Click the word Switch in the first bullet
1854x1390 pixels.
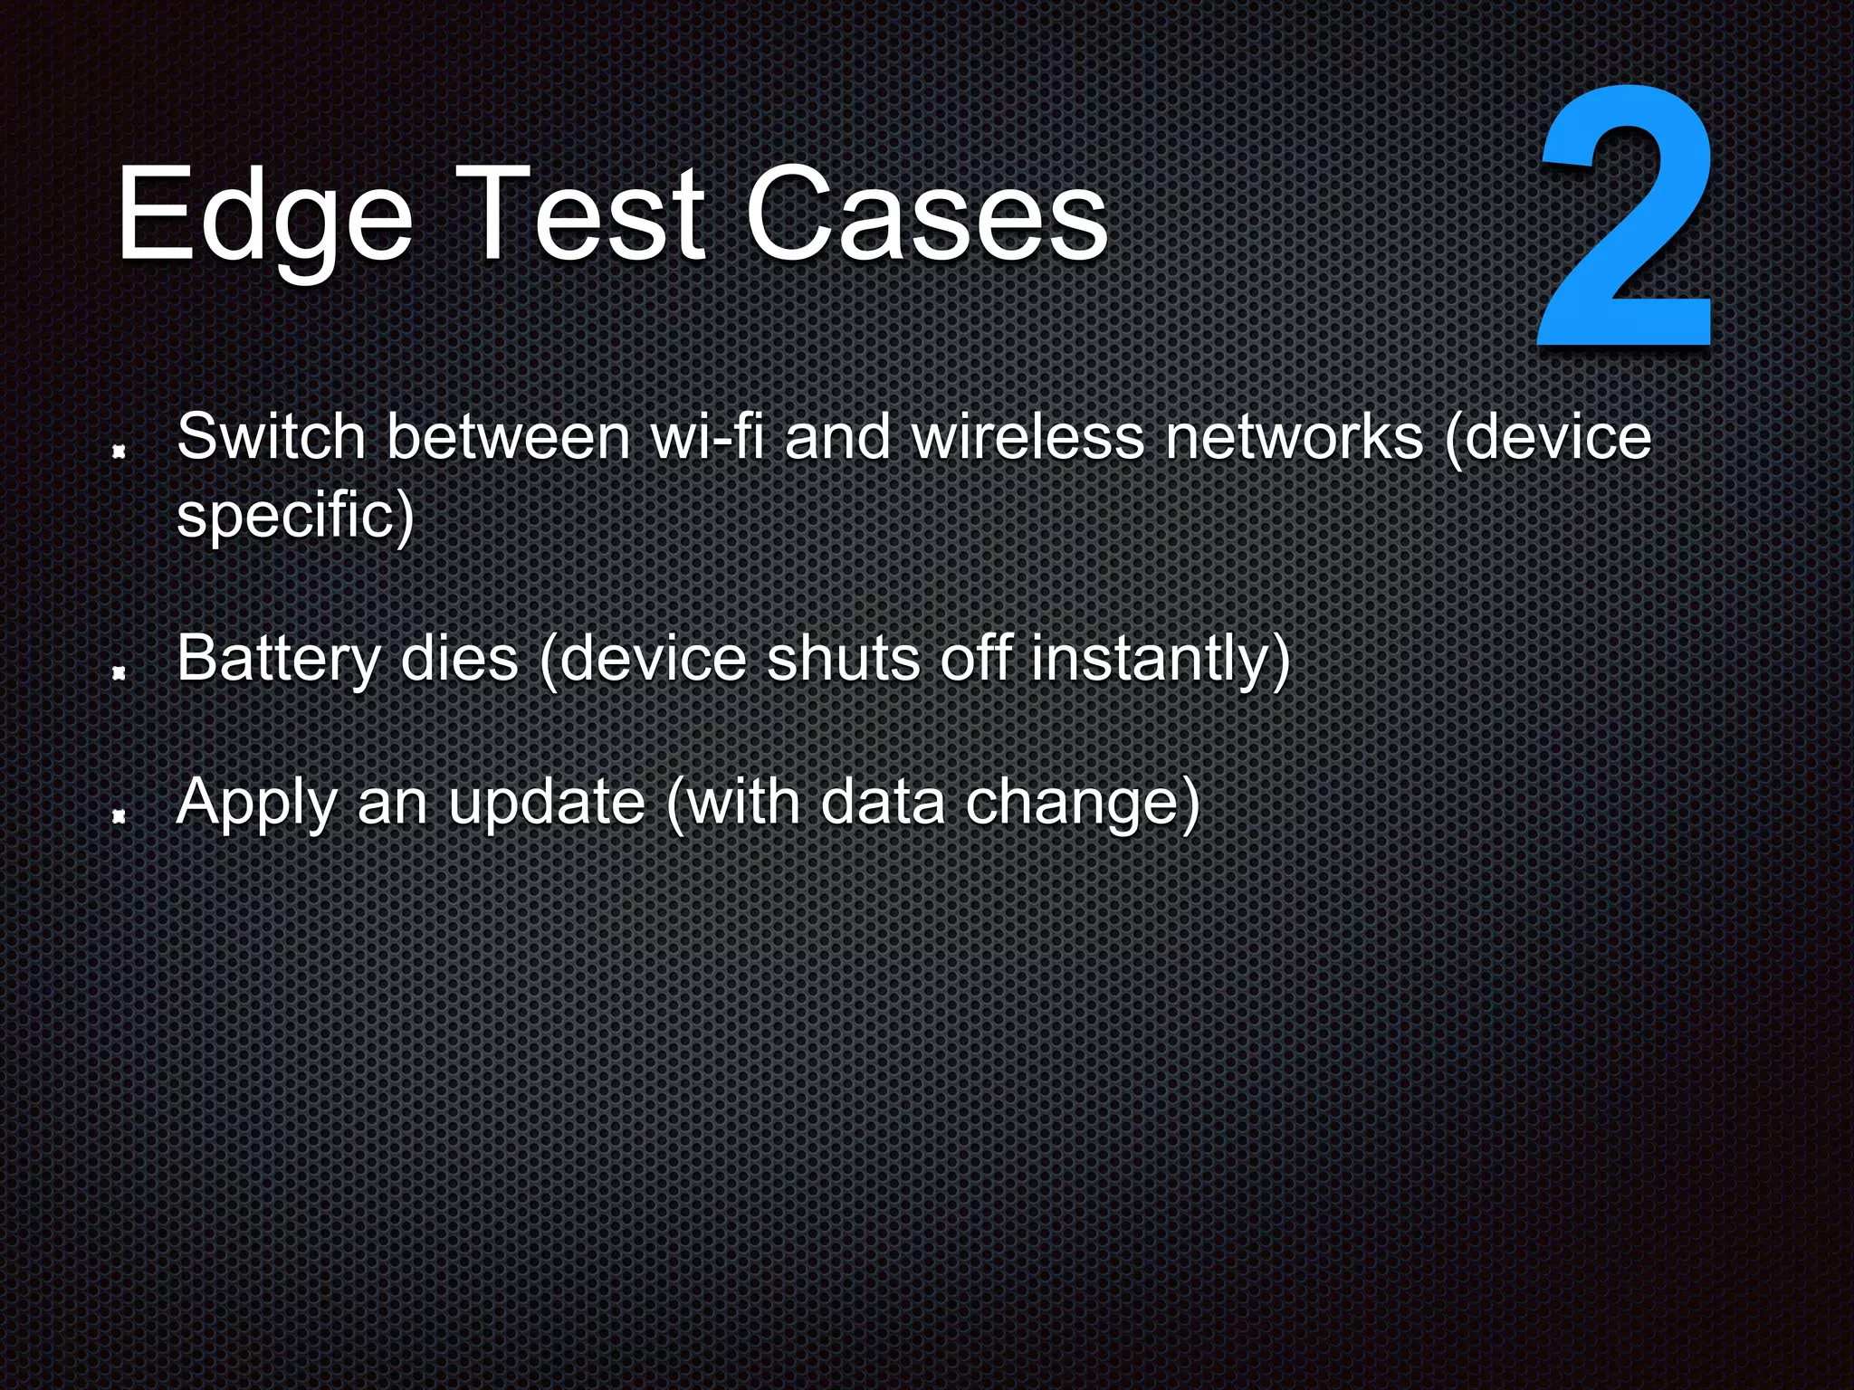click(271, 437)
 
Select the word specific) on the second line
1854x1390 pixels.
click(295, 516)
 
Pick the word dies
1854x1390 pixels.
click(459, 659)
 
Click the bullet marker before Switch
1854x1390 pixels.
click(118, 450)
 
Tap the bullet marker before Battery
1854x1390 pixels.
click(118, 672)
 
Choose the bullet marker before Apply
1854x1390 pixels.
click(118, 817)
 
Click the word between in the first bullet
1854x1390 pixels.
click(508, 437)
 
